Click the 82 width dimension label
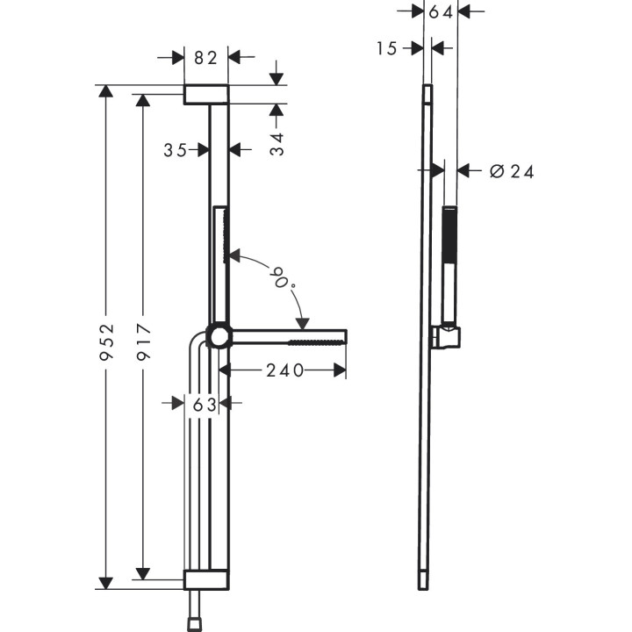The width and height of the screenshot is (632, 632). tap(205, 58)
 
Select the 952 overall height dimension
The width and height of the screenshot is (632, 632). tap(106, 334)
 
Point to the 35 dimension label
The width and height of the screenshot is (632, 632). tap(176, 150)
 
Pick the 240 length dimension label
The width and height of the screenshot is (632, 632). tap(285, 370)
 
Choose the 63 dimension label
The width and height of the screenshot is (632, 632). tap(204, 404)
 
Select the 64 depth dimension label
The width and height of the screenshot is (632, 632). tap(441, 12)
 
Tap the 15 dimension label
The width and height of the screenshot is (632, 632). tap(388, 48)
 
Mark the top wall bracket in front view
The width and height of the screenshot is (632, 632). tap(205, 95)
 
